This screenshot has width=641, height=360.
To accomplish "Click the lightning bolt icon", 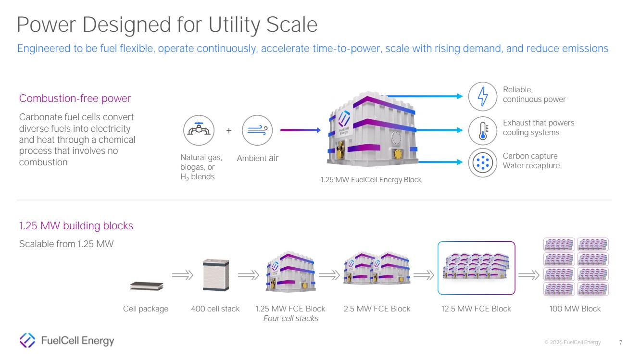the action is coord(482,96).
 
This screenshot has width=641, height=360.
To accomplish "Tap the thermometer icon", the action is coord(482,131).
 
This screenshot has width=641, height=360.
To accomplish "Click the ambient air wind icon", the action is coord(257,130).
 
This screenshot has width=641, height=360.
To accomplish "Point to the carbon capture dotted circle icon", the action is coord(482,163).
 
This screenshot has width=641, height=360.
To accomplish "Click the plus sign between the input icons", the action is coord(228,131).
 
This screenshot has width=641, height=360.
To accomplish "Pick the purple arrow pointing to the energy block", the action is coord(301,130).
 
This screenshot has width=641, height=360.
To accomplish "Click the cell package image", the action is coord(147,286).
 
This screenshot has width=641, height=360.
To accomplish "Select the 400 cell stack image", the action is coord(216,275).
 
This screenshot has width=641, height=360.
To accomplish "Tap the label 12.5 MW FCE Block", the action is coord(476,309).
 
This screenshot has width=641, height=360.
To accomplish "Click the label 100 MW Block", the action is coord(575,309).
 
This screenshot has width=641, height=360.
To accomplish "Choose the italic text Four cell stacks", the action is coord(291,318).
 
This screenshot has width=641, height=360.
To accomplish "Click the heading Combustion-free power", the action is coord(75,99).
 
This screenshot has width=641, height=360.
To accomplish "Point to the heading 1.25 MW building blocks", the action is coord(76,225).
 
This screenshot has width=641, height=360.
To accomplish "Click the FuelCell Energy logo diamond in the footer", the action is coord(27,340).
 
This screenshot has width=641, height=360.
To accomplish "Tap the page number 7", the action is coord(620,342).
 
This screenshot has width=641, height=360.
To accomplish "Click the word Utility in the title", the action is coord(234,25).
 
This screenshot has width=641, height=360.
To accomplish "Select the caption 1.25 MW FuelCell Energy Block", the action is coord(371,180).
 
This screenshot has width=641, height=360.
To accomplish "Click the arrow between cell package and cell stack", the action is coord(183,275).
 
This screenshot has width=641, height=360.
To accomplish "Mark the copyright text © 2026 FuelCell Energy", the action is coord(572,342).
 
